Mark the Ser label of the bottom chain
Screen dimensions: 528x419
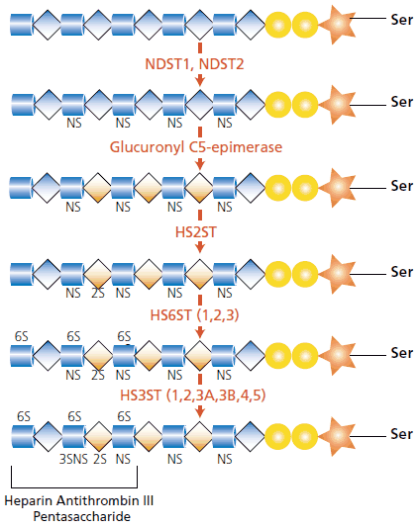(x=401, y=435)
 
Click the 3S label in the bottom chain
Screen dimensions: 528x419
(x=65, y=459)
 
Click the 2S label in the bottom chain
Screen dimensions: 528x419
(x=98, y=459)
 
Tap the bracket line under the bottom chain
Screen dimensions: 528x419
(x=74, y=487)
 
